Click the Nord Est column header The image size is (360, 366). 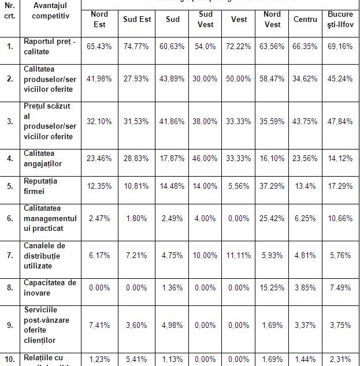[x=99, y=20]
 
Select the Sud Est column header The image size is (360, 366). [x=137, y=20]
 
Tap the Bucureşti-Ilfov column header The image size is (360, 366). [x=340, y=20]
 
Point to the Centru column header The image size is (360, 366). [x=305, y=20]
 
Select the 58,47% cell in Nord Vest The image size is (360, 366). [x=272, y=79]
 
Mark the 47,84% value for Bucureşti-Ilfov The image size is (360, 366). [x=340, y=122]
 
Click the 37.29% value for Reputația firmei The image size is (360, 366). [x=272, y=187]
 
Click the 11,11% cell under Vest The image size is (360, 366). [x=239, y=255]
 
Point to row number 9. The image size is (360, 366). [x=10, y=325]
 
